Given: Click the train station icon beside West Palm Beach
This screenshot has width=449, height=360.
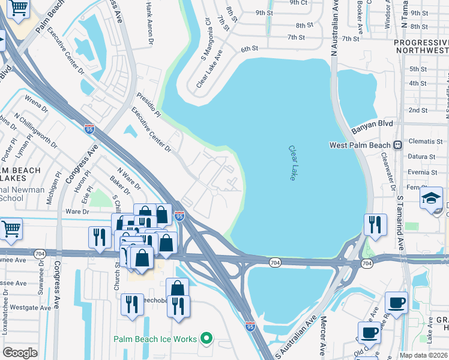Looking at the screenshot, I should click(x=397, y=145).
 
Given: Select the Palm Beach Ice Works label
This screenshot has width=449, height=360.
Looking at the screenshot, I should click(x=155, y=339).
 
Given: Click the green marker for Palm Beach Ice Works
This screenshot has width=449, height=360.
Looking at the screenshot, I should click(x=206, y=339).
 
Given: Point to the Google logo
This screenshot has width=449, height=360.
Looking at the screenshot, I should click(x=20, y=352).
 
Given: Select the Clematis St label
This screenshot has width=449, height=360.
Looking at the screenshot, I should click(x=422, y=142).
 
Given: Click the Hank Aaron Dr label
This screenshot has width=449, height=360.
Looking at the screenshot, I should click(x=149, y=23).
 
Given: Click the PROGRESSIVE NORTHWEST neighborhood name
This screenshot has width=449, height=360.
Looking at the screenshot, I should click(x=421, y=48).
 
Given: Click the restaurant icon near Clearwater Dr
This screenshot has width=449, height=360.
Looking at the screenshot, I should click(x=375, y=225).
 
